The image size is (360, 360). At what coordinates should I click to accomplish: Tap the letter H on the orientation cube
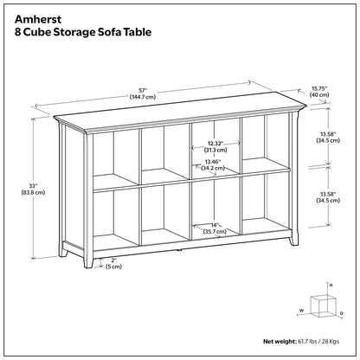point(331,285)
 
